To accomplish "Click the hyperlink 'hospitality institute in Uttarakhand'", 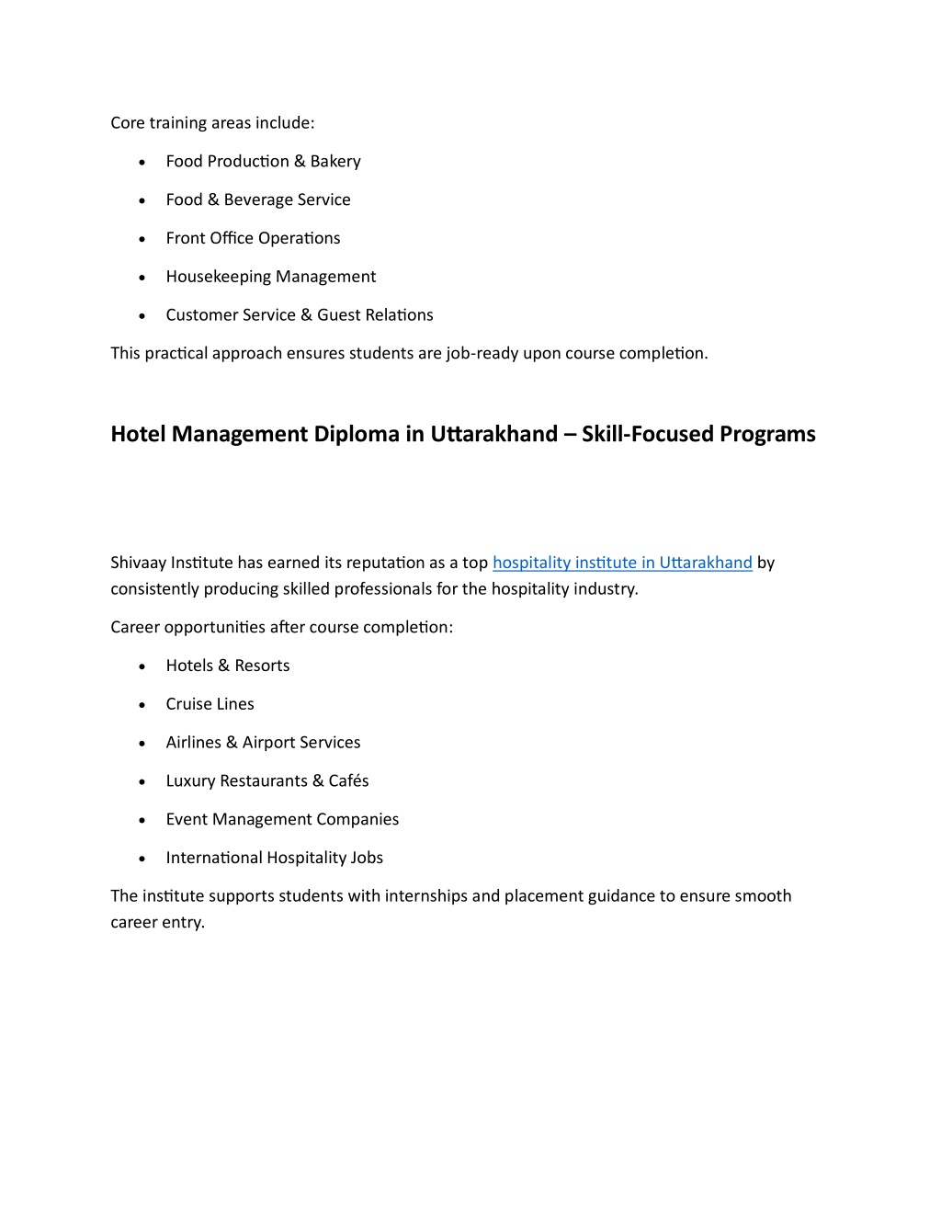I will pos(622,563).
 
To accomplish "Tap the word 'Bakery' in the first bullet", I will pos(335,162).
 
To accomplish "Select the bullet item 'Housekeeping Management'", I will pos(270,277).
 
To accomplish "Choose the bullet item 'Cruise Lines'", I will pos(210,704).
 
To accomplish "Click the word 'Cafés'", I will pos(348,780).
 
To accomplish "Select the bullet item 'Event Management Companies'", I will pos(282,819).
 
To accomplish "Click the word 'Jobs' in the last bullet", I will pos(367,858).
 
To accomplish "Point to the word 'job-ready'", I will pos(482,354).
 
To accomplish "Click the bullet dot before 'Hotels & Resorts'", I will pos(142,666).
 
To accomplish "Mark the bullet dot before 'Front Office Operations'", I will pos(142,239).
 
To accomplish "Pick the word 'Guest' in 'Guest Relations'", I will pos(339,315).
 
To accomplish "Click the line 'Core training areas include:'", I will pos(212,123).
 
